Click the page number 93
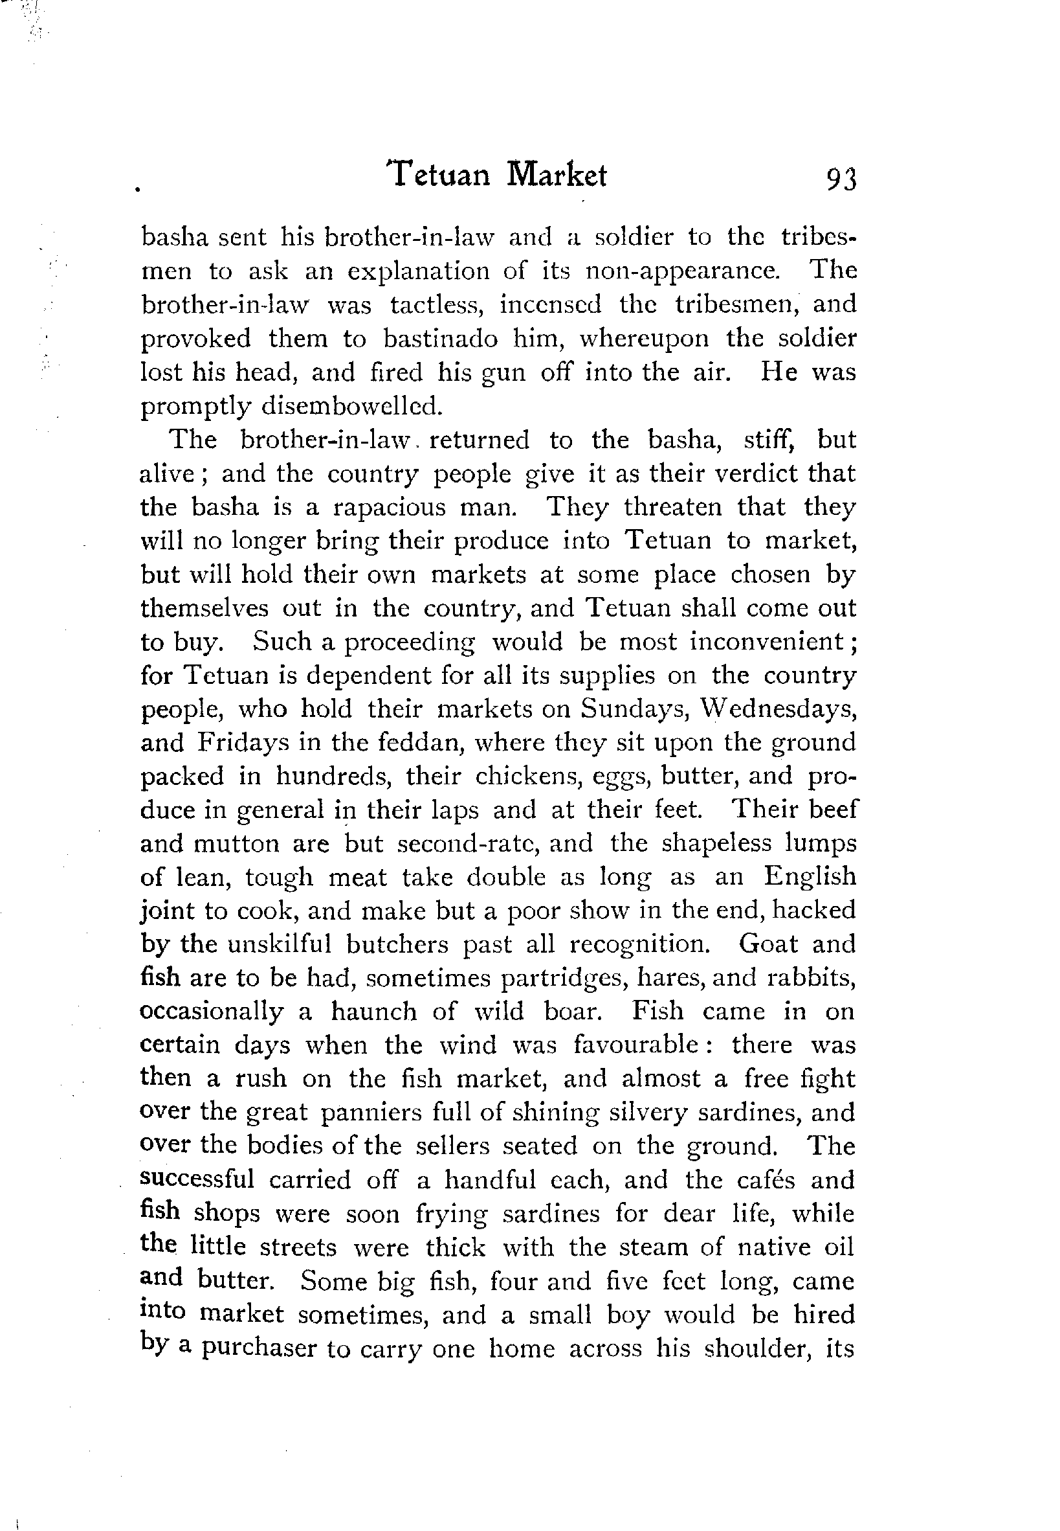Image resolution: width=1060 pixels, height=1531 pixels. point(841,179)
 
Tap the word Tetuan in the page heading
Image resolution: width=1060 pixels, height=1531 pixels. point(439,176)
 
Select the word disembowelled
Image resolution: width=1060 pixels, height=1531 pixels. point(351,406)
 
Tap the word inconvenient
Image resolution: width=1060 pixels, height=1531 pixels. point(766,642)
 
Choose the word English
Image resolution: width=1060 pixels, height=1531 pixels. point(809,877)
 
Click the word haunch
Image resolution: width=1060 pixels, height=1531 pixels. point(374,1012)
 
